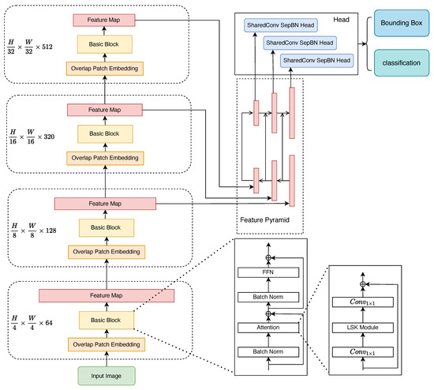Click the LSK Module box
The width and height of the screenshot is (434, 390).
[363, 326]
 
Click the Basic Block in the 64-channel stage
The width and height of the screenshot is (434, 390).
[107, 320]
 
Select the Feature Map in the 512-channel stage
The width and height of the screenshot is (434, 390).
[105, 17]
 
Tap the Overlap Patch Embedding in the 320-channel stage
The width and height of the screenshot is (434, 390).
[107, 158]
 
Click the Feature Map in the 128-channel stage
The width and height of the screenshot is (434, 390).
[106, 204]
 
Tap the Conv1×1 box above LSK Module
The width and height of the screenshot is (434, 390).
[363, 302]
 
